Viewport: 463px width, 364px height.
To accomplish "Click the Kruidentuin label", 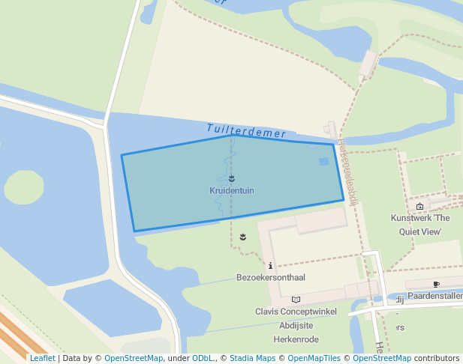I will [x=232, y=191].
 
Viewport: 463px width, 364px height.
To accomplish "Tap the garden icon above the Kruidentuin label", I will [x=232, y=179].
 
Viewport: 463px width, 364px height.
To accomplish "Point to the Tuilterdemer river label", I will [x=246, y=131].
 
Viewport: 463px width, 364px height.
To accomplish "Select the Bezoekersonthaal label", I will [x=271, y=278].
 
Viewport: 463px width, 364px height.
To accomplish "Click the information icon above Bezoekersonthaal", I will [x=270, y=265].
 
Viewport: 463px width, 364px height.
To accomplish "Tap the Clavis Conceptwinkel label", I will [x=296, y=312].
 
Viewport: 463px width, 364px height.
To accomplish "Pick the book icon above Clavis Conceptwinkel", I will [x=296, y=300].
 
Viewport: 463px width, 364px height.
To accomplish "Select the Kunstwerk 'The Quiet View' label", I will [x=419, y=225].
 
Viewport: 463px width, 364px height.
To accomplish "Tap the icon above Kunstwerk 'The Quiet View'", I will [x=419, y=207].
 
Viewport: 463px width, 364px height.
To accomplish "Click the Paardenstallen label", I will [x=435, y=297].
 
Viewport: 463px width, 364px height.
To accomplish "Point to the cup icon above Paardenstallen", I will [x=436, y=285].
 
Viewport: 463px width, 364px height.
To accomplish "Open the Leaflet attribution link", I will [x=42, y=358].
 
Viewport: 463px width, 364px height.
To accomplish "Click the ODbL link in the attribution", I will [x=203, y=358].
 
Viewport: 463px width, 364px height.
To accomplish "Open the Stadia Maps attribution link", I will [x=251, y=358].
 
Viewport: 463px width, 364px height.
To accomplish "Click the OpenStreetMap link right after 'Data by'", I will [x=134, y=358].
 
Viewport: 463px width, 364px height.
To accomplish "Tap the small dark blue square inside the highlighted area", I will [x=323, y=161].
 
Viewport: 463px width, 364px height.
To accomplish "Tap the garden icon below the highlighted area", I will [x=242, y=237].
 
